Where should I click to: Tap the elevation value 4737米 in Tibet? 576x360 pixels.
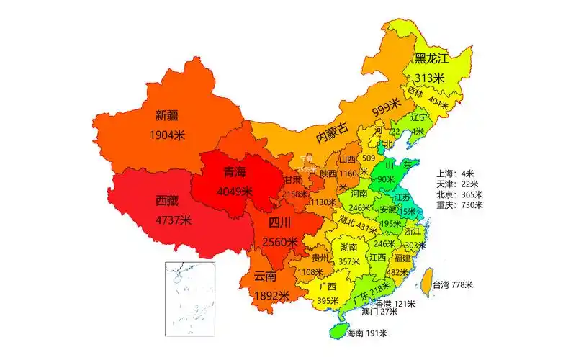coord(173,220)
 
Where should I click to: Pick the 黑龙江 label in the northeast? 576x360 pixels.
coord(431,58)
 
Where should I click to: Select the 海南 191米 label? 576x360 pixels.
coord(366,333)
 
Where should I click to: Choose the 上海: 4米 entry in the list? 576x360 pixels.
coord(455,174)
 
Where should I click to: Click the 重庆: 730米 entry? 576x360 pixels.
coord(459,205)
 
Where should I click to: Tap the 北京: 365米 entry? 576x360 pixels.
coord(459,194)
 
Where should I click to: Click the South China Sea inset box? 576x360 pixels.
coord(190,298)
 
